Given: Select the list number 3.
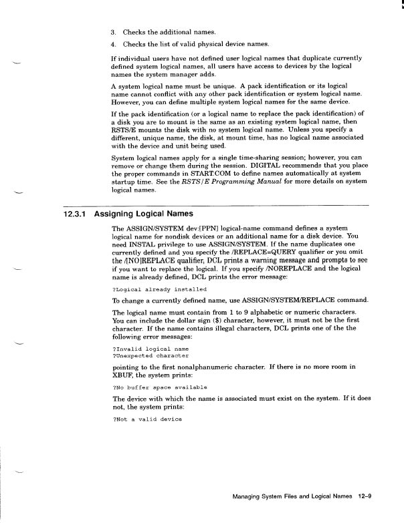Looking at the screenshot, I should point(113,32).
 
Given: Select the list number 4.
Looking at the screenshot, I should point(113,44).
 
